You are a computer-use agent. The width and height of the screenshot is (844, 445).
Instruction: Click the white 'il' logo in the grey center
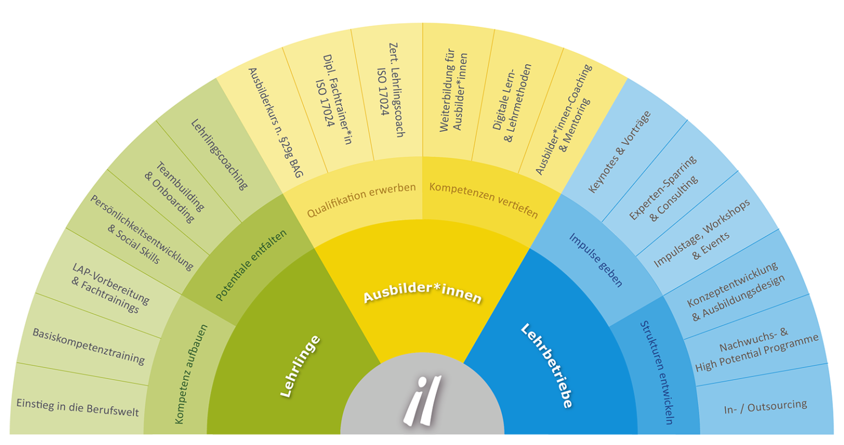pos(422,400)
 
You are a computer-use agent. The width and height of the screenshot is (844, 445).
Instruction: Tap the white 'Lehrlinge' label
pos(300,366)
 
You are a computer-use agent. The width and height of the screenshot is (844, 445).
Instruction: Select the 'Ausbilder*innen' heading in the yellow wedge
pos(423,293)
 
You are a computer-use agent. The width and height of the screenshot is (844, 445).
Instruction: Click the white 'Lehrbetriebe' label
pos(547,365)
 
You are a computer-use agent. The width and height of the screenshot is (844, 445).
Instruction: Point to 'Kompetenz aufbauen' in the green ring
pos(191,374)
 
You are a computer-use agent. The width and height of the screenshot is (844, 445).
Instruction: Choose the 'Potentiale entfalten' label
pos(251,265)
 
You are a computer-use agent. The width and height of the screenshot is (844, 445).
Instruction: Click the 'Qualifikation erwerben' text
pos(362,200)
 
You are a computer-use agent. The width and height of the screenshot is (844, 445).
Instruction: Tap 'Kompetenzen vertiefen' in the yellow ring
pos(484,200)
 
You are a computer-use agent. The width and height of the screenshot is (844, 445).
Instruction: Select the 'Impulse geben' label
pos(596,260)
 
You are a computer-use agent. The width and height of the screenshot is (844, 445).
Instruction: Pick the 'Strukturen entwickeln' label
pos(657,372)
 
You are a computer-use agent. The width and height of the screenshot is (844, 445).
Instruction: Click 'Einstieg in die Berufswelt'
pos(77,408)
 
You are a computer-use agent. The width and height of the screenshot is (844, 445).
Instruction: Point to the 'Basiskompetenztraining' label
pos(88,346)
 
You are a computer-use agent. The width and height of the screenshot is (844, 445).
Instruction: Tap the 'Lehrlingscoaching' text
pos(219,154)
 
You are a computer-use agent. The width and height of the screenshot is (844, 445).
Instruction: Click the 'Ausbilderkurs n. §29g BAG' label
pos(275,123)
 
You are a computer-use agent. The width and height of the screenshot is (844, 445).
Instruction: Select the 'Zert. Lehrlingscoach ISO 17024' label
pos(391,91)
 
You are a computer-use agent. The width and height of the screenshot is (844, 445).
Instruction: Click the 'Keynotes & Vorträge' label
pos(619,152)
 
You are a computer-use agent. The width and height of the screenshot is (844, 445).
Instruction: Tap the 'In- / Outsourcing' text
pos(765,407)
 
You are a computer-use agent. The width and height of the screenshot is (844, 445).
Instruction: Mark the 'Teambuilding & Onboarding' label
pos(174,192)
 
